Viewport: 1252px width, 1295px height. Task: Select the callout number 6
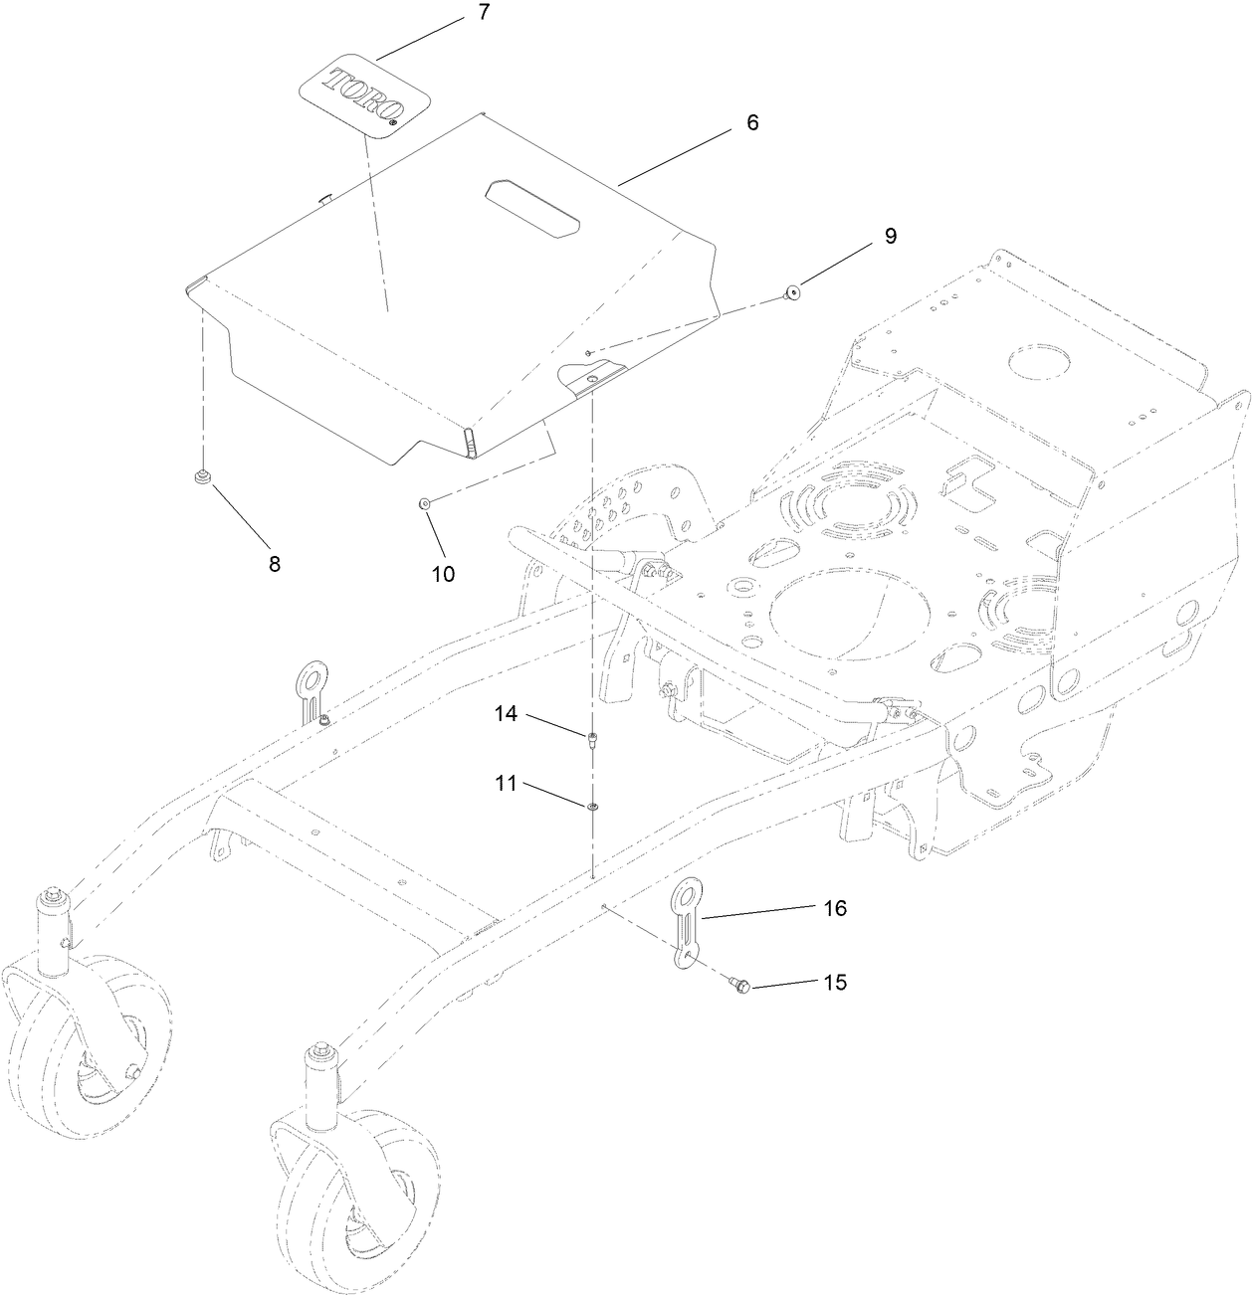point(752,122)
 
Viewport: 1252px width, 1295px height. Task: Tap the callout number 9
point(890,236)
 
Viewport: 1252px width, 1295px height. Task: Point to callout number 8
point(274,564)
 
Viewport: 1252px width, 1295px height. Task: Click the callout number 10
point(442,574)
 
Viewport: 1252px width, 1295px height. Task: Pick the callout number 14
point(507,714)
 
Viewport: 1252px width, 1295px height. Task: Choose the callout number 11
point(507,784)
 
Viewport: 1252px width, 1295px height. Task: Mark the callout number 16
point(834,908)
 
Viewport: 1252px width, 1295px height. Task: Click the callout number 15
point(834,982)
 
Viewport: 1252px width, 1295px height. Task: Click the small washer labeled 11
point(592,805)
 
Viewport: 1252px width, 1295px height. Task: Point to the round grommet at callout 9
point(793,291)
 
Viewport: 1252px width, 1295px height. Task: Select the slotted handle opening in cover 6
point(532,207)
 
